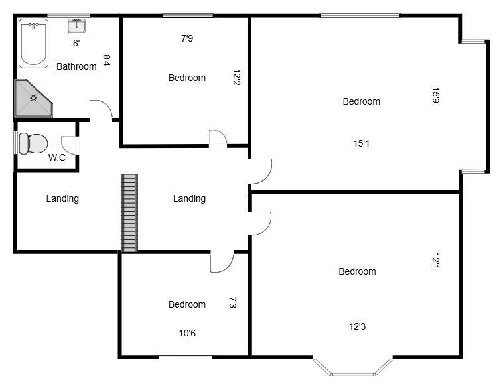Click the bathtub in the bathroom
coord(33,44)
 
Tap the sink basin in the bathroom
coord(76,26)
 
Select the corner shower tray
coord(31,98)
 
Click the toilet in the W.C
coord(33,142)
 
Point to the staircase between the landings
coord(129,213)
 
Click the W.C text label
coord(56,158)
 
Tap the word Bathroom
coord(76,66)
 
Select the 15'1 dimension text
coord(362,143)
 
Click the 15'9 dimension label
coord(435,96)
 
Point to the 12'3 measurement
coord(357,326)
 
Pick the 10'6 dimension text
coord(187,333)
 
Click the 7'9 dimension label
coord(187,38)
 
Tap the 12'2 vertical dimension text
coord(236,78)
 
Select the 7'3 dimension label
coord(232,302)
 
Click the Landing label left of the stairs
coord(62,198)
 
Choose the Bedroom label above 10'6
coord(186,304)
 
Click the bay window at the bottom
coord(352,367)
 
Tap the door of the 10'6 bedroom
coord(222,263)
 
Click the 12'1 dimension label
coord(435,262)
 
